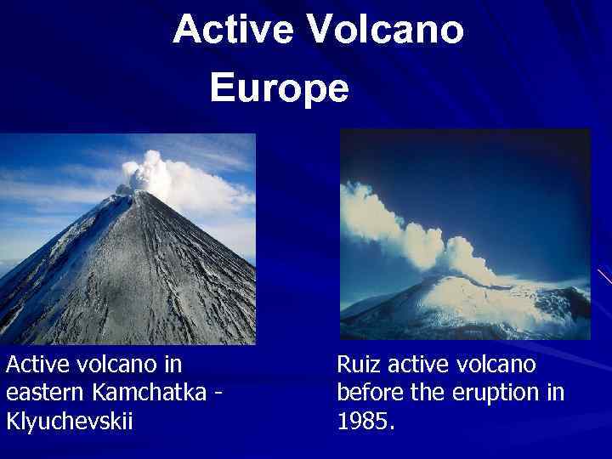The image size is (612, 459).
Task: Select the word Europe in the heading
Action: [279, 88]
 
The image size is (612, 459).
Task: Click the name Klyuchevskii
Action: [69, 422]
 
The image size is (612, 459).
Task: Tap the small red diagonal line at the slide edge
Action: [604, 277]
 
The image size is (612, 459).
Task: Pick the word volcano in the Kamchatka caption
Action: [114, 365]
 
